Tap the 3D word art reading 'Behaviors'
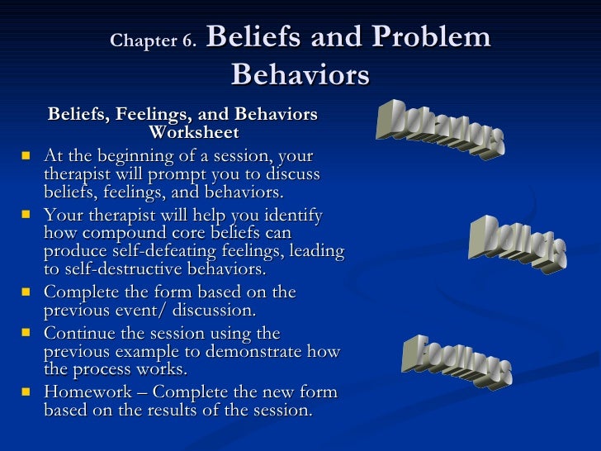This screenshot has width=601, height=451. (440, 130)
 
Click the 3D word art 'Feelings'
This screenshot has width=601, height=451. (457, 360)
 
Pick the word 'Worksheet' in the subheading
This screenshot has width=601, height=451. (194, 132)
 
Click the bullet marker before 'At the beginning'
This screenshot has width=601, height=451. (26, 154)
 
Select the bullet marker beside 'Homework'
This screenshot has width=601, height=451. (26, 392)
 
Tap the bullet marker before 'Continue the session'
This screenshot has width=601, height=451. (26, 333)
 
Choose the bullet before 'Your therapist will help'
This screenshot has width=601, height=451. (26, 214)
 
